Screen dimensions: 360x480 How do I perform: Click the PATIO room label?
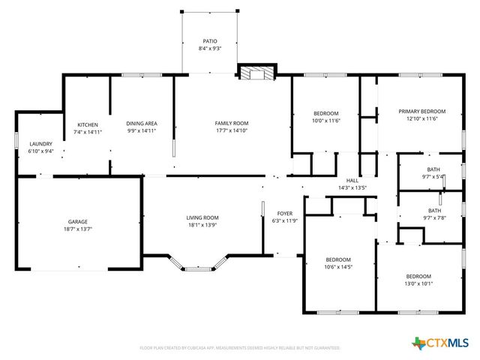pyautogui.click(x=210, y=41)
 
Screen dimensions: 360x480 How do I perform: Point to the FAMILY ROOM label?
pyautogui.click(x=231, y=124)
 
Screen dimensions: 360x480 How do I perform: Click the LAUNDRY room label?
pyautogui.click(x=40, y=143)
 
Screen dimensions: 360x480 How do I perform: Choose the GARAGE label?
pyautogui.click(x=78, y=221)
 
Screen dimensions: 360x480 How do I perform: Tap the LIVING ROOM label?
pyautogui.click(x=202, y=217)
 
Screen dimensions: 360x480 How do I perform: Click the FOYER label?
pyautogui.click(x=284, y=213)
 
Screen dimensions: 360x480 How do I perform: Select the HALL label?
pyautogui.click(x=352, y=180)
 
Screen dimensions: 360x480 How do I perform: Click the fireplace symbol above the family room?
pyautogui.click(x=256, y=73)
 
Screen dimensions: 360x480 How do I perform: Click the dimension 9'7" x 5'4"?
pyautogui.click(x=434, y=177)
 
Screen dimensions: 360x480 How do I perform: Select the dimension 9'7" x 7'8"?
pyautogui.click(x=434, y=219)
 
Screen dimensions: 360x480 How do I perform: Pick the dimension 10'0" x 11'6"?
pyautogui.click(x=326, y=120)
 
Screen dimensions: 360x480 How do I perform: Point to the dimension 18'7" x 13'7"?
pyautogui.click(x=78, y=229)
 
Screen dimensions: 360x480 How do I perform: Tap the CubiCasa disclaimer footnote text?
pyautogui.click(x=240, y=348)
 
